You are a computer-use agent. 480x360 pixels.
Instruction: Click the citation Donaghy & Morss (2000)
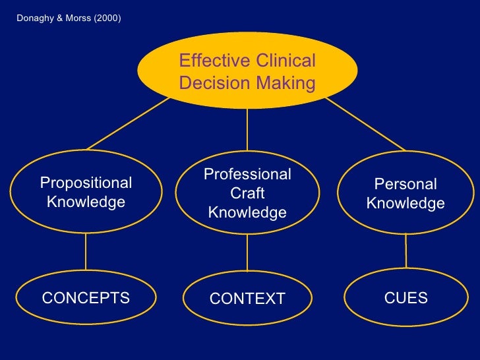coord(69,18)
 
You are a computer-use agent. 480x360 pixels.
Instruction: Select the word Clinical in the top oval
coord(285,61)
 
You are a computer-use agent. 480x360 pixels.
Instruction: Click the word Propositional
coord(86,183)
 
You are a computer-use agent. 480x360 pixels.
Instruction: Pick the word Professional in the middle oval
coord(247,174)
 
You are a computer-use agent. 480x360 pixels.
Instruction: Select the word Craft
coord(247,193)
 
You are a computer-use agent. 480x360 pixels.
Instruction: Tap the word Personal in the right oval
coord(405,185)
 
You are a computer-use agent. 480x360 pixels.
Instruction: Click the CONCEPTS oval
coord(86,298)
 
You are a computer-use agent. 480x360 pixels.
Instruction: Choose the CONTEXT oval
coord(247,299)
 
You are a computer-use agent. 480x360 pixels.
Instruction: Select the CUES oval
coord(405,298)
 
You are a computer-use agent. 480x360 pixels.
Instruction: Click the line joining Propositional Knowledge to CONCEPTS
coord(86,253)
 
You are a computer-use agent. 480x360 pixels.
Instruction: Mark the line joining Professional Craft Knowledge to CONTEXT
coord(247,253)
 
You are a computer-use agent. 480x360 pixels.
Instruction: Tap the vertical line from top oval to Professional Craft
coord(247,132)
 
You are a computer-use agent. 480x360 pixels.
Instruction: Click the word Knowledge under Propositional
coord(86,202)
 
